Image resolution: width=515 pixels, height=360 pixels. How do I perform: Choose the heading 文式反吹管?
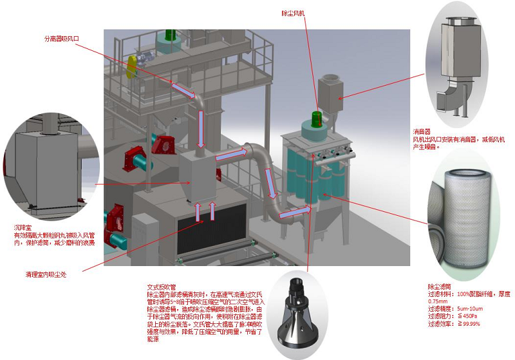(x=162, y=287)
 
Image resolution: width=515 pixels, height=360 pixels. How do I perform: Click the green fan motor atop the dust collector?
(x=316, y=118)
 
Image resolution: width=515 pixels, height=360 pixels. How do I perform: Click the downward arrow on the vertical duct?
(x=201, y=122)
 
